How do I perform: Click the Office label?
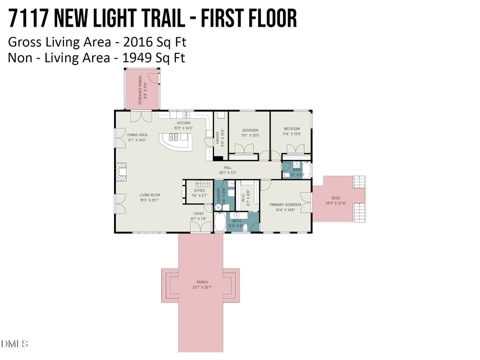(199, 190)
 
